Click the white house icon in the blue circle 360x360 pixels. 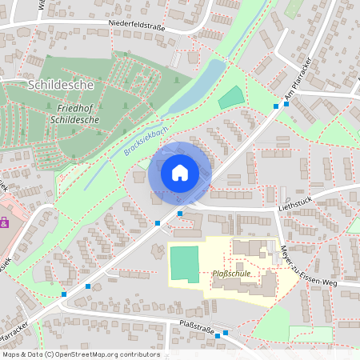180,172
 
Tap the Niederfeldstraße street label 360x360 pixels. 142,26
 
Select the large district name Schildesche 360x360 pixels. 61,84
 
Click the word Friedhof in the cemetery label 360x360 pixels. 74,107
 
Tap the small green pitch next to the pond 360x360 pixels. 230,97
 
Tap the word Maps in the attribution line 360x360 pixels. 10,354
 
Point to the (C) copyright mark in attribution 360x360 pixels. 49,354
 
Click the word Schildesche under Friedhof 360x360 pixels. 74,118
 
